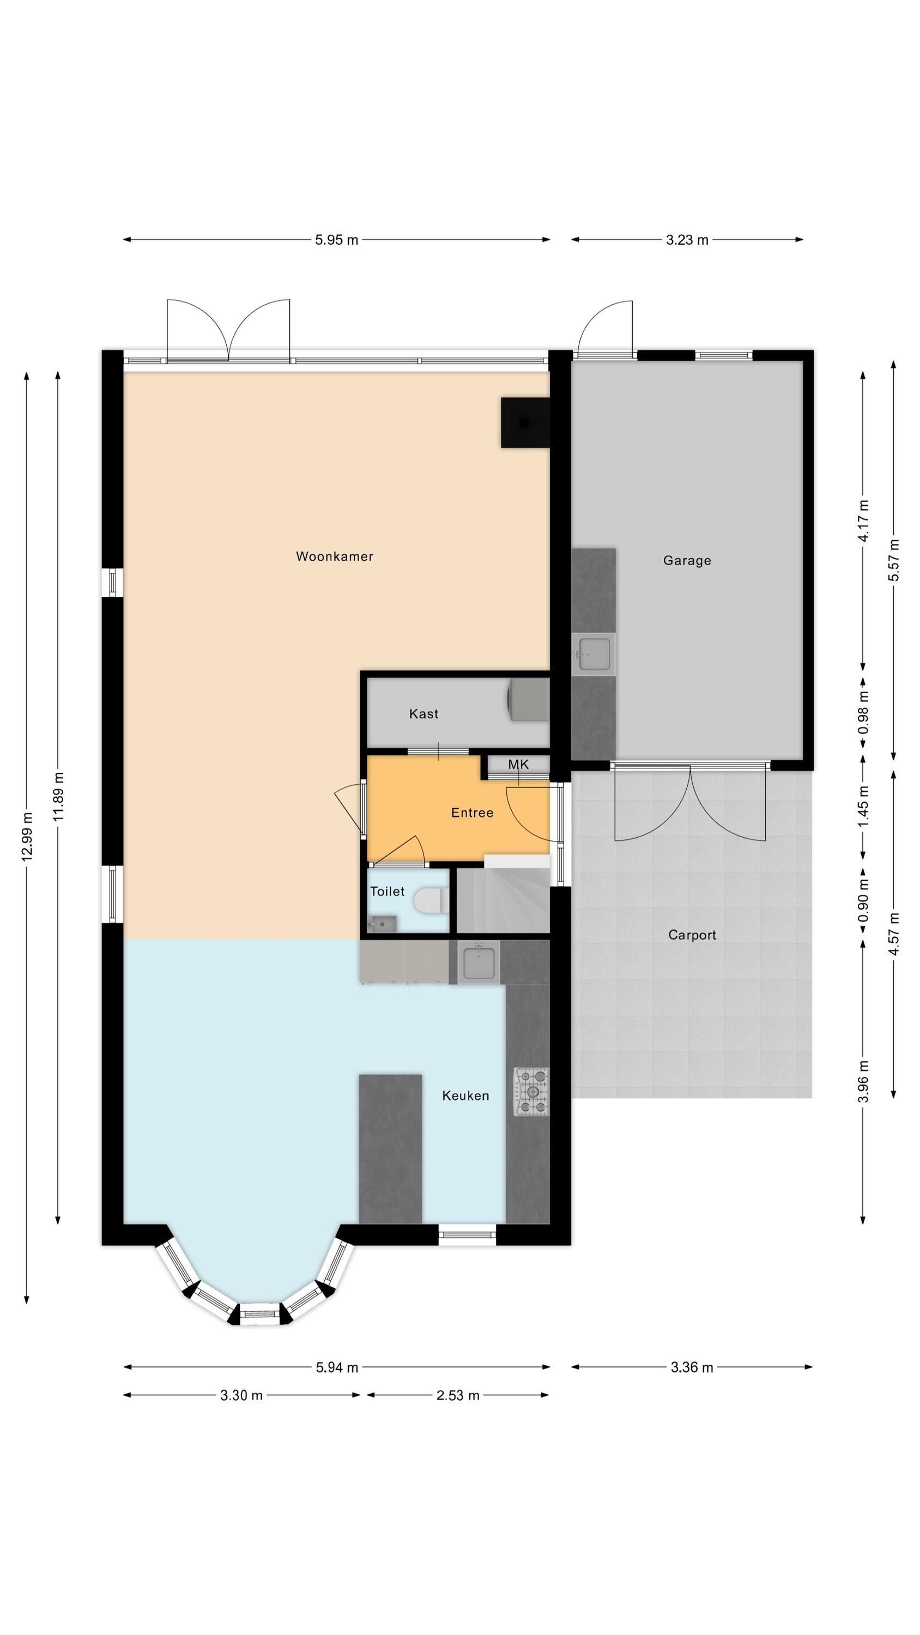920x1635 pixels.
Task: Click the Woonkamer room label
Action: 335,556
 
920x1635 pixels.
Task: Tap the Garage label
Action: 687,560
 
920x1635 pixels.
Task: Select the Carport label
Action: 692,935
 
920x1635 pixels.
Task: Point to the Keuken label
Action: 465,1095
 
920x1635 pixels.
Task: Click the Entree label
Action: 472,813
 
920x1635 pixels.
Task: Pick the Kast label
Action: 423,713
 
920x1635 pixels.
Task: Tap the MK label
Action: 518,765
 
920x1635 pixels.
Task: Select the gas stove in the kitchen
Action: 531,1092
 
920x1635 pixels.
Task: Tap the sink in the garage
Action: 594,654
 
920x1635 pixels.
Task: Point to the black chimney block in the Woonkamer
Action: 525,423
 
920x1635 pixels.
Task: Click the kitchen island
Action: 390,1148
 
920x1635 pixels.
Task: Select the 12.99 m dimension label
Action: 27,837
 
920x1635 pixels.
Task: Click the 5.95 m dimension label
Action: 336,240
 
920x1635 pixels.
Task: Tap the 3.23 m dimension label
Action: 687,240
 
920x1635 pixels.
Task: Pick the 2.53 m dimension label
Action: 458,1395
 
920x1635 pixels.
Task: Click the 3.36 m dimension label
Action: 692,1367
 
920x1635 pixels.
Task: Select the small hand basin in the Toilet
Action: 383,924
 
